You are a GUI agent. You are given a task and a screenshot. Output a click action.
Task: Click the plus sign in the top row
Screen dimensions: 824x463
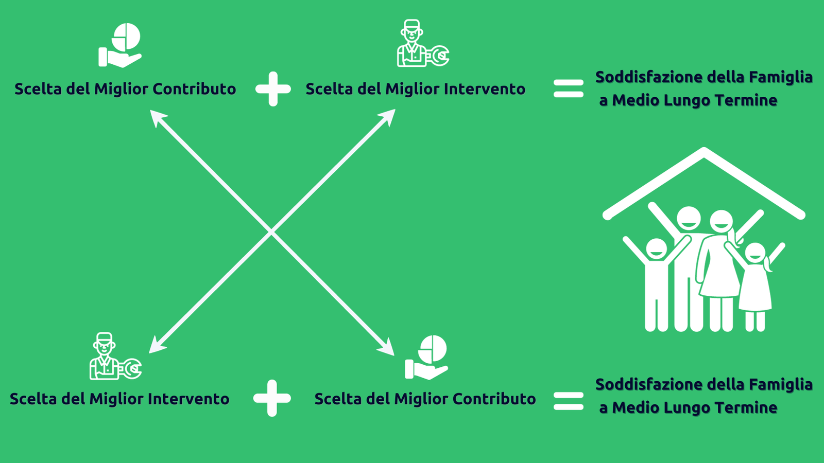273,89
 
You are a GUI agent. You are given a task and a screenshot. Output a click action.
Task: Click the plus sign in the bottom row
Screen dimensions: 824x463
272,398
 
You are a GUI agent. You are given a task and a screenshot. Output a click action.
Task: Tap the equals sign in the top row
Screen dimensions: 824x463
569,88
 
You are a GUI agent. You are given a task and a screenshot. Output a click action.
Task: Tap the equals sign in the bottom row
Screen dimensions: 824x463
569,401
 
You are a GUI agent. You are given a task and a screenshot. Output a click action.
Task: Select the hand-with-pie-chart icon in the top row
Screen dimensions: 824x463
120,45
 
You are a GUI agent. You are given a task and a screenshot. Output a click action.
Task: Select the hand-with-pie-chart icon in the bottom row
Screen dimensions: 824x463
426,357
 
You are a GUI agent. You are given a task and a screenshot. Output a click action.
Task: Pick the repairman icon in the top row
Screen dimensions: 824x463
423,43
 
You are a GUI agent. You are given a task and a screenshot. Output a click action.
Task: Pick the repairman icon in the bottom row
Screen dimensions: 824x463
115,356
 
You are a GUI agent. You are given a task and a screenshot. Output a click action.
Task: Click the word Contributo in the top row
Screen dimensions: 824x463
194,89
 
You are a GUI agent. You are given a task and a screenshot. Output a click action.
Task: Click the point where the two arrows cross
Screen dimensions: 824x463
271,232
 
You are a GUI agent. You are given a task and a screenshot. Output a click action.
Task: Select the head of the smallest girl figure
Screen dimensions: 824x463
755,253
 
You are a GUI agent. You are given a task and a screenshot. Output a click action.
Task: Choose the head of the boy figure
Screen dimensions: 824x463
657,250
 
